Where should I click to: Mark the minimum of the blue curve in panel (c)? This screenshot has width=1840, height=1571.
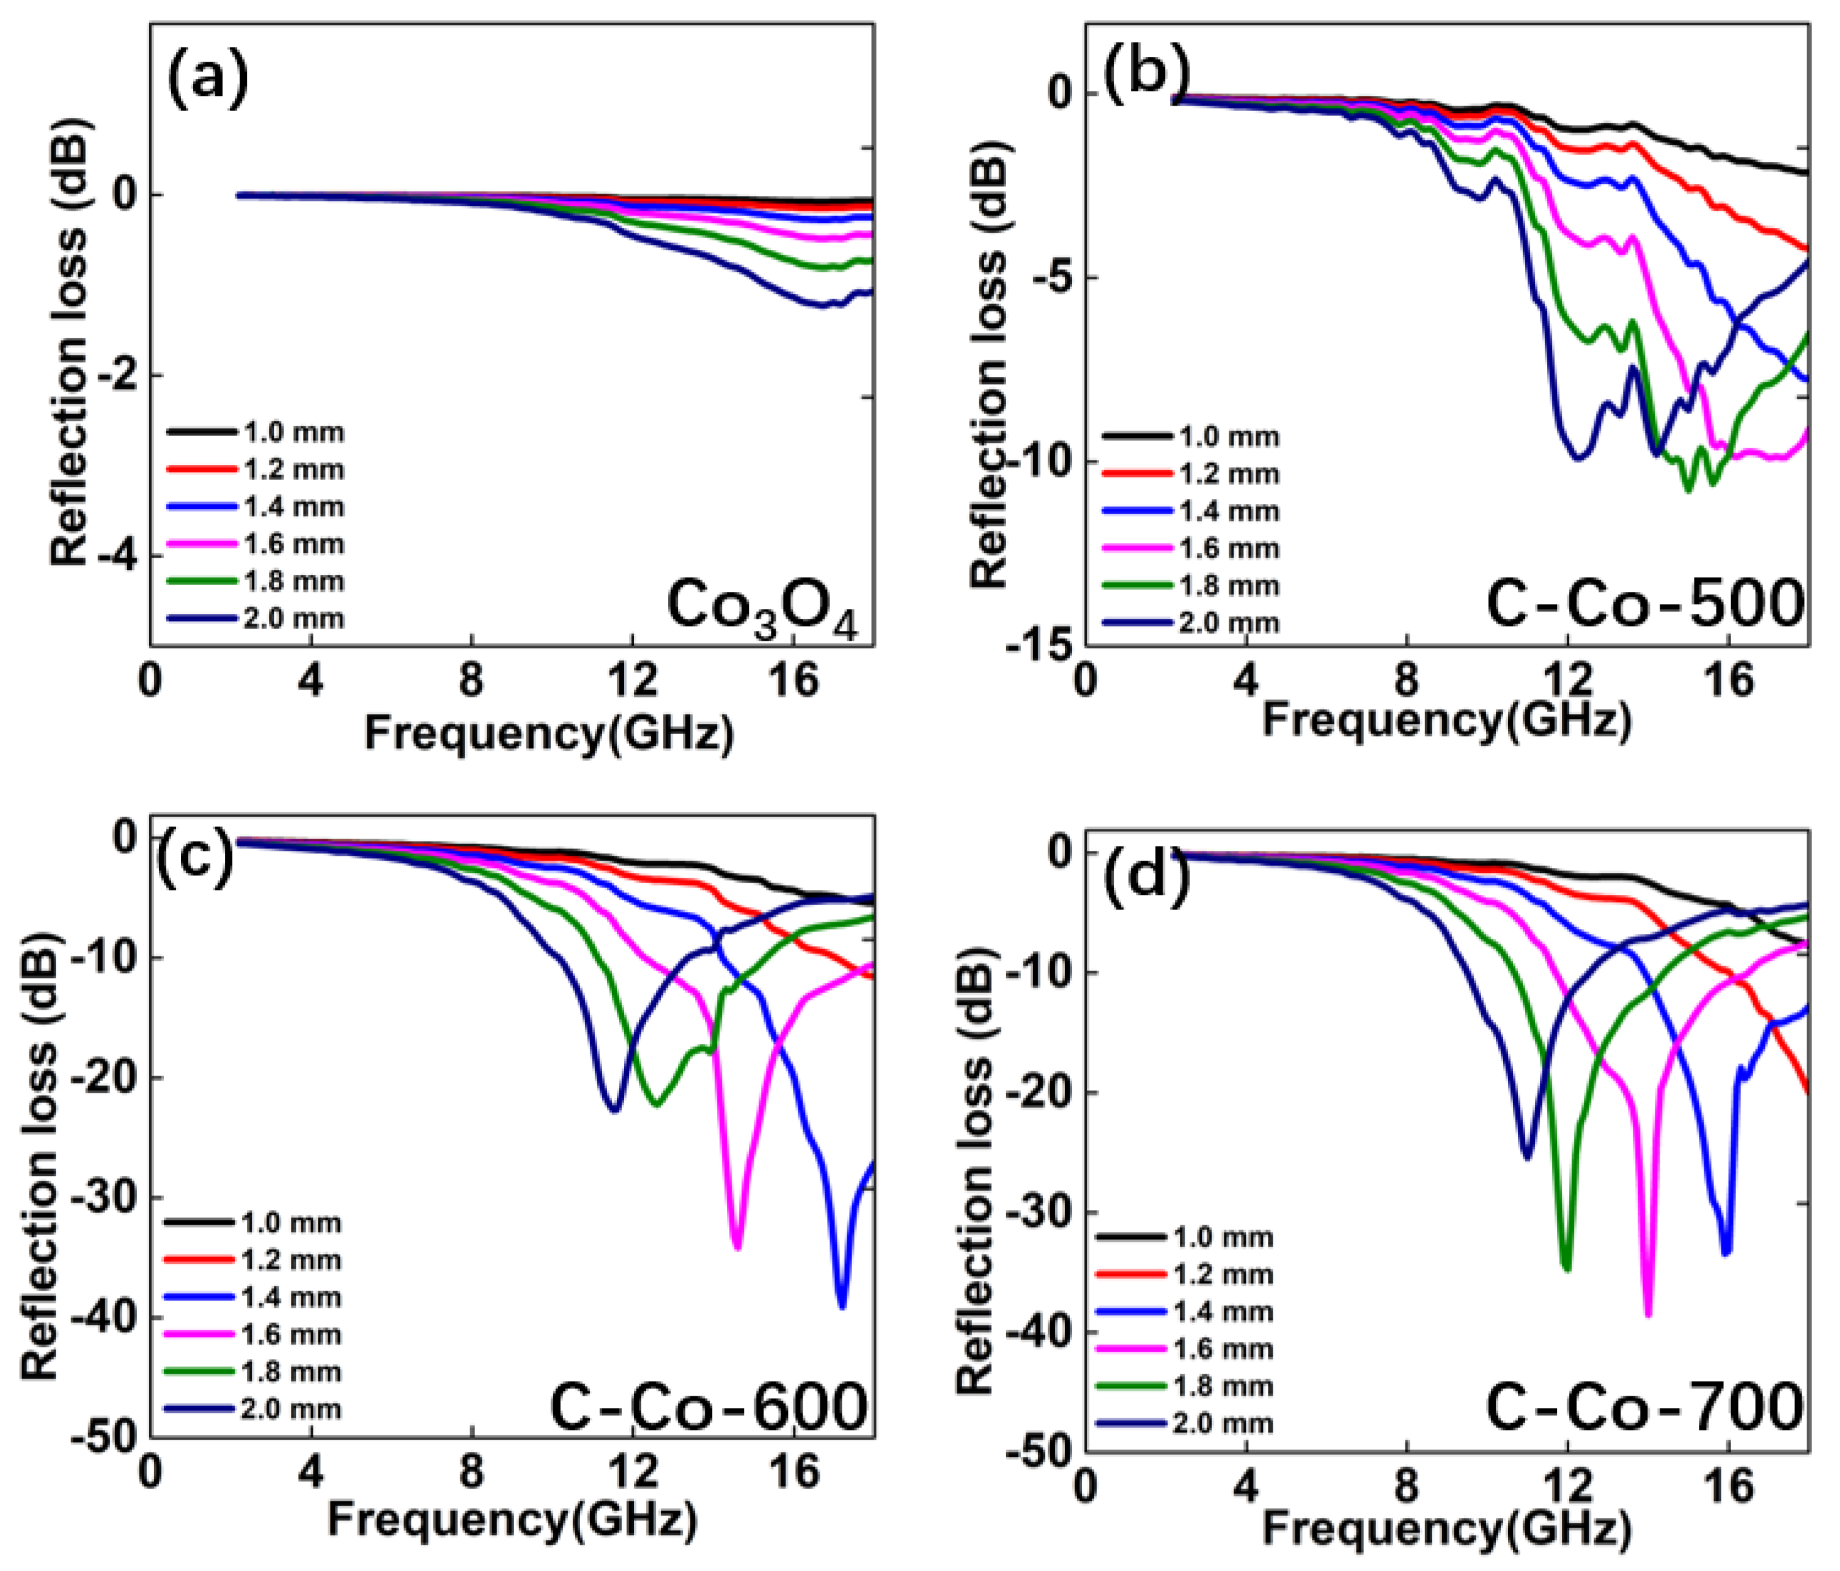842,1305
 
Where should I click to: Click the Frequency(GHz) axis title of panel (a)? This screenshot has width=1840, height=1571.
549,733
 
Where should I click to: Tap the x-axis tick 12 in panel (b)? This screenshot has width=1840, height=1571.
1567,682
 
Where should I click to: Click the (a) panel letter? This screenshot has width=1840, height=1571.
208,78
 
